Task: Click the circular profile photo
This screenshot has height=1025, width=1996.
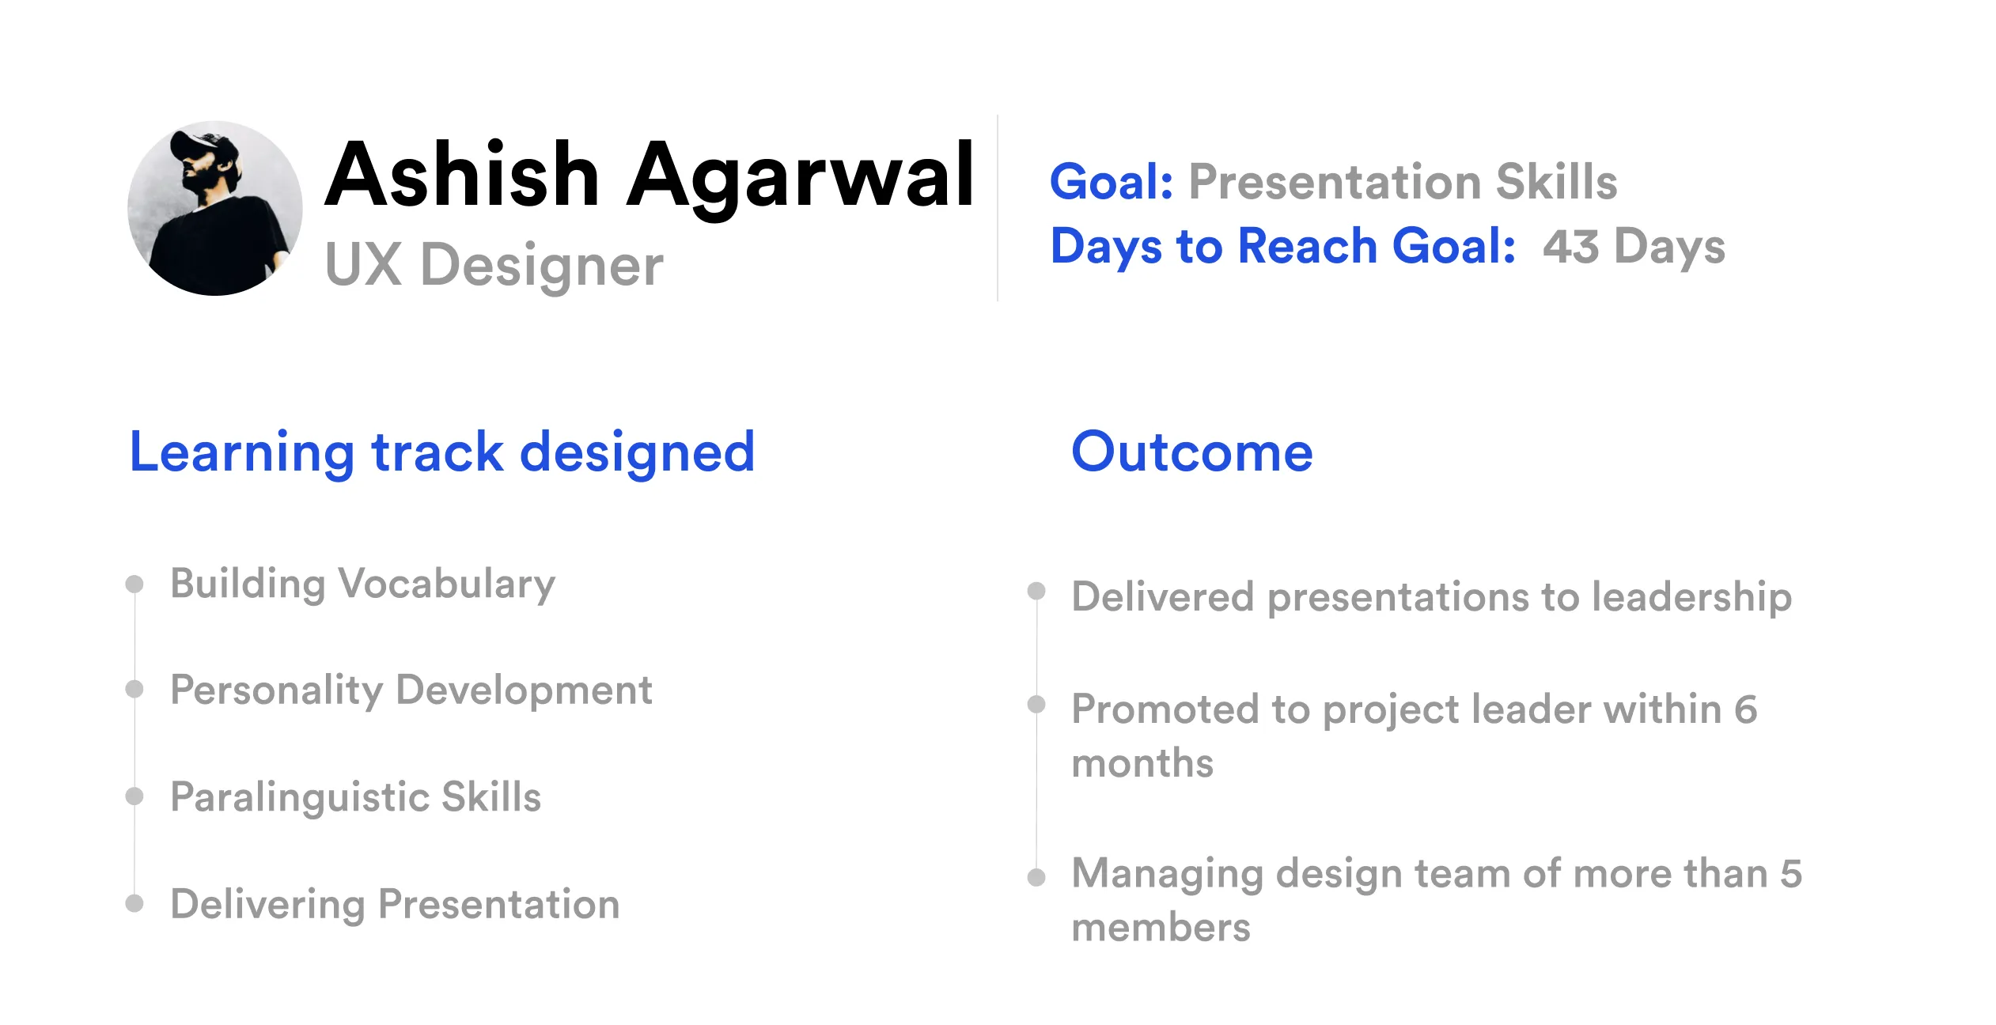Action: point(215,208)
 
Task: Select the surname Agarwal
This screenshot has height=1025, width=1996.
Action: point(800,178)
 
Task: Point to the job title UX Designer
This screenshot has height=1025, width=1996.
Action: point(494,265)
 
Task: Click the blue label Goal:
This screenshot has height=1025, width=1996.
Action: point(1112,182)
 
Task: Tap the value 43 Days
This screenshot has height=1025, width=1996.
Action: point(1634,247)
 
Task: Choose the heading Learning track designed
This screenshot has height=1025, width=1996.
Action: point(442,452)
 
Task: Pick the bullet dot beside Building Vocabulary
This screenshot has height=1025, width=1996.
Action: point(134,584)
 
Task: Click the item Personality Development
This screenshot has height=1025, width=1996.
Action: point(411,690)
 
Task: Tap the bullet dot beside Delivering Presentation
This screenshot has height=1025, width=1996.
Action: point(134,903)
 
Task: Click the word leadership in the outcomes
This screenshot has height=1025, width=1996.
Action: point(1691,597)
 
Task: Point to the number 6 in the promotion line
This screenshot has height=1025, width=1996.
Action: point(1746,709)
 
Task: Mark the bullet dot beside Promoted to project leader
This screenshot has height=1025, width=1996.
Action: point(1036,704)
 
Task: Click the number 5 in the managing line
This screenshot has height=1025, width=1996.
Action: point(1791,874)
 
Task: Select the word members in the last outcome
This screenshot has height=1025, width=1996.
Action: point(1161,928)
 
